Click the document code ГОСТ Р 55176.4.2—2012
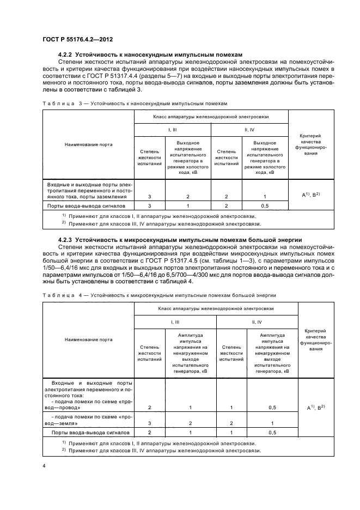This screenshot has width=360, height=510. [77, 40]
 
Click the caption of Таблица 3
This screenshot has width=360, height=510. [127, 102]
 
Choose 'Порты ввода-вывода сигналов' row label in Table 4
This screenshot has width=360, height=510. [90, 433]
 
